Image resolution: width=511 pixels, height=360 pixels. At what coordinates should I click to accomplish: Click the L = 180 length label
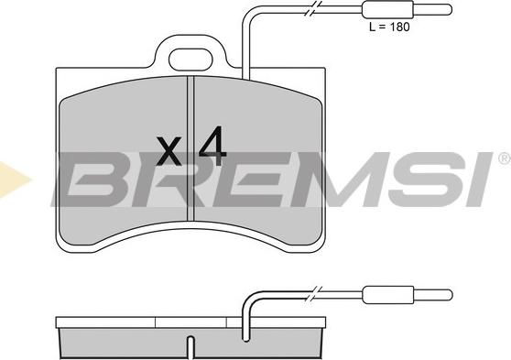pos(389,27)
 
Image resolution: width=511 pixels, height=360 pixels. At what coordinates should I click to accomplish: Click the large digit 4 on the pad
pos(212,146)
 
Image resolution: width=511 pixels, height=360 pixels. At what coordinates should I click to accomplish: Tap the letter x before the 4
pos(169,151)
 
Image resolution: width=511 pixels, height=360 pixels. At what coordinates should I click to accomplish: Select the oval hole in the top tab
pos(190,60)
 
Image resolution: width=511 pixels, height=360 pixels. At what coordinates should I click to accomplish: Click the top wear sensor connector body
pos(386,10)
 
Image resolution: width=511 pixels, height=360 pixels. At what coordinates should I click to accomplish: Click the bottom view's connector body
pos(386,295)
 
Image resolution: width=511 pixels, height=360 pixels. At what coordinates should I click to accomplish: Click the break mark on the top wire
pos(313,10)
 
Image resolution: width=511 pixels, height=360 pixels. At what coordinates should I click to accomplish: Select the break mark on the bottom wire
pos(313,295)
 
